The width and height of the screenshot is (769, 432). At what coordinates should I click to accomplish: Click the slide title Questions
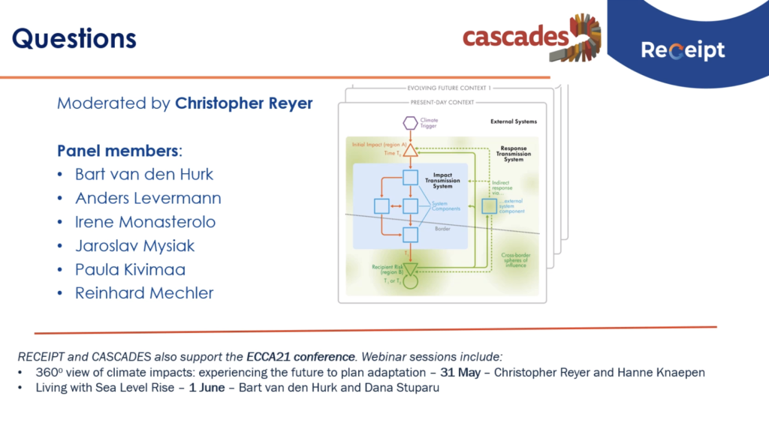[74, 39]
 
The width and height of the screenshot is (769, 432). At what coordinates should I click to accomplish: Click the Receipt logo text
[683, 50]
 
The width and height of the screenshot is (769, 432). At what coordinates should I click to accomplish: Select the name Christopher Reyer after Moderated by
[243, 103]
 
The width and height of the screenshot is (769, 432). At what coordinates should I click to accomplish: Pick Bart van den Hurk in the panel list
[144, 175]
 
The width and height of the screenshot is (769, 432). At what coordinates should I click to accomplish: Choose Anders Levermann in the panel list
[148, 199]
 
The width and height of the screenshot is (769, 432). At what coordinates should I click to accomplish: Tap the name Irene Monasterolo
[145, 222]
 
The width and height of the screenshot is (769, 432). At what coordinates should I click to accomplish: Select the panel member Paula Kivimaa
[130, 269]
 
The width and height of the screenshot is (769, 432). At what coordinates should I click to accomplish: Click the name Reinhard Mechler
[144, 293]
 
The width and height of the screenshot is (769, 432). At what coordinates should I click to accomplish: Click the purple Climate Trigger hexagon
[410, 122]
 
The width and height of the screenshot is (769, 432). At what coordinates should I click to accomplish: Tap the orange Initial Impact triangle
[410, 150]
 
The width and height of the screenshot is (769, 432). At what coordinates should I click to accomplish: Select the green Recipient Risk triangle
[410, 268]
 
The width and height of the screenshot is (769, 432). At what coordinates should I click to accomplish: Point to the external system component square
[490, 205]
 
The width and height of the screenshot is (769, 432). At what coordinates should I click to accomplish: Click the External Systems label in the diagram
[513, 121]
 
